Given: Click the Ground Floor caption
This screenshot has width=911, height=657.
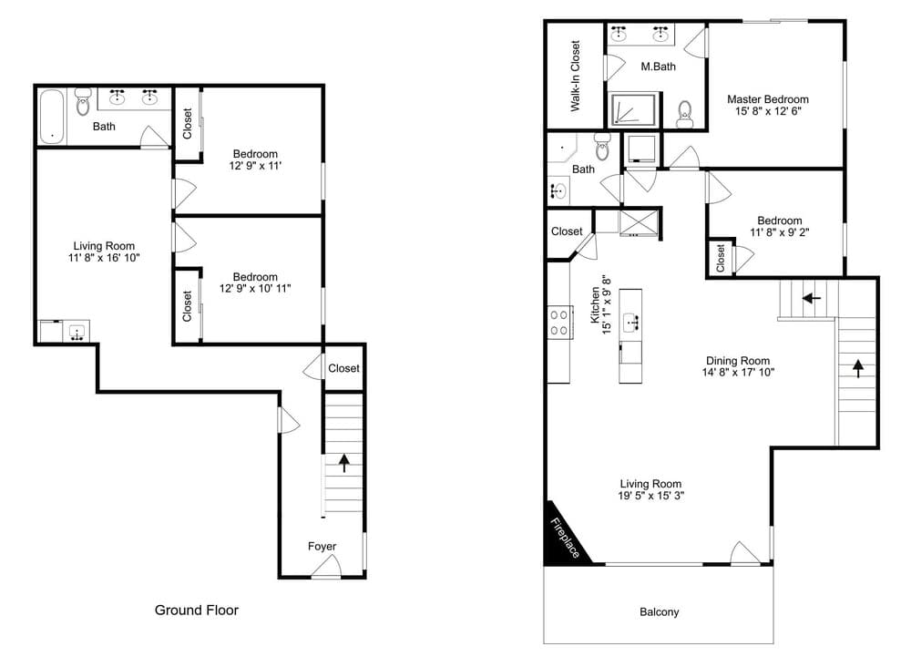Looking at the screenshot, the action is [x=197, y=610].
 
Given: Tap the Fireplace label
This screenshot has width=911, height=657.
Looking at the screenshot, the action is [x=565, y=538].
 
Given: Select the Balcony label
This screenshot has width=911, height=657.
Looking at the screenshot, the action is [x=659, y=611].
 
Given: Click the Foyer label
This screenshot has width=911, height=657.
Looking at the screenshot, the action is [x=322, y=546].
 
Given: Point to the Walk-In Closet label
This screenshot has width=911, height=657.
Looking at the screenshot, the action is [x=575, y=76].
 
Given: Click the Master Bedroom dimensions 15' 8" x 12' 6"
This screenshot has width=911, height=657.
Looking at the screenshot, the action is [x=768, y=111].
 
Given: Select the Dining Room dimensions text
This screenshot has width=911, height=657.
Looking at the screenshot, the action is [x=738, y=373].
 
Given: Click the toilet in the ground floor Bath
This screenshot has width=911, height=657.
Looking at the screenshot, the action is [x=83, y=102].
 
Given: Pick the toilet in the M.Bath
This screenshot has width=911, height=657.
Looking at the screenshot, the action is [x=685, y=113].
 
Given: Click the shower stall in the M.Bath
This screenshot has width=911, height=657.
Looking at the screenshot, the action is [x=633, y=109].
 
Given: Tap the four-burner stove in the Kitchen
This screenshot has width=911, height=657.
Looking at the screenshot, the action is [x=559, y=323].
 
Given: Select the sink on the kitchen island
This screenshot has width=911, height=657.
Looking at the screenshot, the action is [x=630, y=322].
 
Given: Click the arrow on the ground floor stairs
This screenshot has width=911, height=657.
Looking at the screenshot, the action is [x=344, y=462].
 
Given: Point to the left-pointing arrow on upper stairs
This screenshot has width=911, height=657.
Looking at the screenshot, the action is [x=811, y=299].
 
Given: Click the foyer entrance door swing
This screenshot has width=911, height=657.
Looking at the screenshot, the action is [x=325, y=566].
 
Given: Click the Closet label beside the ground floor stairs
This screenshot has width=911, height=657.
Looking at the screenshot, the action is [x=344, y=368].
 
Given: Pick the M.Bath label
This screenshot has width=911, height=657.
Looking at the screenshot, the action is [x=659, y=67].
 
